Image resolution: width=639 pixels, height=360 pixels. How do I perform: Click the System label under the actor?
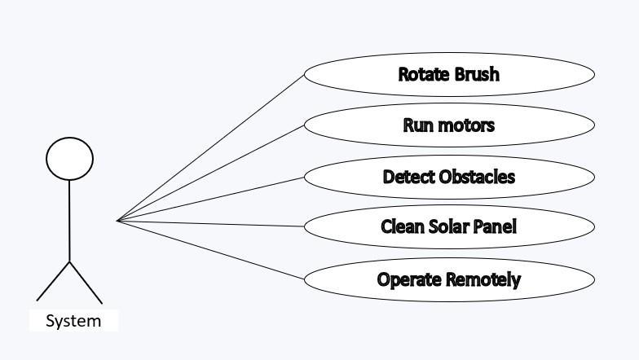[73, 321]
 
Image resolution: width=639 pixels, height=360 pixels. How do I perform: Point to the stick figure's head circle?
[69, 158]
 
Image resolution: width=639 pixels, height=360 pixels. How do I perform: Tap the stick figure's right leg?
[86, 282]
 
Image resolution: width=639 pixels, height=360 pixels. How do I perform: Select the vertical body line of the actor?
[69, 220]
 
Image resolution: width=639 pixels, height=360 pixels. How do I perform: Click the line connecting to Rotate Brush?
[211, 147]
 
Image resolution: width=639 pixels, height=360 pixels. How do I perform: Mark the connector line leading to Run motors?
[211, 173]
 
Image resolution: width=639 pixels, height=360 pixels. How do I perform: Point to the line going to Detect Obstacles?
[211, 198]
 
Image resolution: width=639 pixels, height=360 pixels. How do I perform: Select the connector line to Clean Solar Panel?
[211, 223]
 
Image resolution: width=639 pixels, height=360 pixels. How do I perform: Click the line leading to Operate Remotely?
[211, 249]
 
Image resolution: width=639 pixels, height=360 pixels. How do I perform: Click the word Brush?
[476, 74]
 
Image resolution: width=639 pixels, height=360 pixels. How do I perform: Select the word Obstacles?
[477, 177]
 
